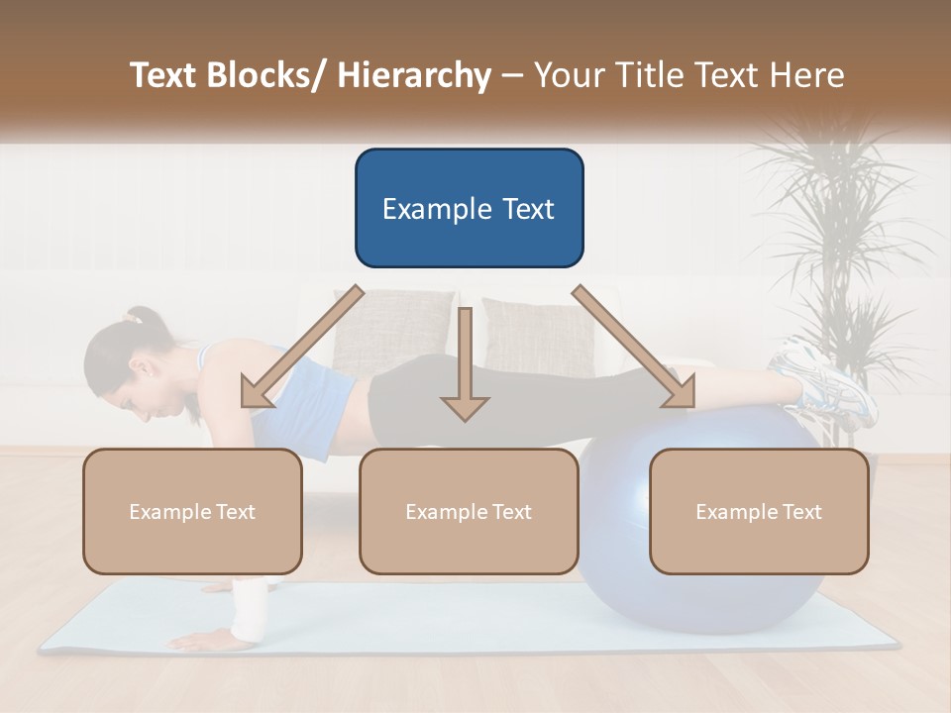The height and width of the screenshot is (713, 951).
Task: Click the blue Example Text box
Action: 469,208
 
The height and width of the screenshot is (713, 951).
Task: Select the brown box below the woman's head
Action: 192,511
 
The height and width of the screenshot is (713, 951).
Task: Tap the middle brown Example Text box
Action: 469,511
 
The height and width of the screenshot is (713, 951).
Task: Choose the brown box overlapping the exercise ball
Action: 759,511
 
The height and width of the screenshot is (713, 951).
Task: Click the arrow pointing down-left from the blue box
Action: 297,352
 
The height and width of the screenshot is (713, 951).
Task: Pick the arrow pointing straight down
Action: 465,366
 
